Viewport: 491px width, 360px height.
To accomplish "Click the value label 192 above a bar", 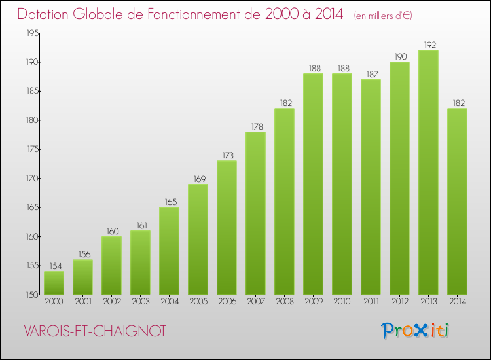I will [428, 45].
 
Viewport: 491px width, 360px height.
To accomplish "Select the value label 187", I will [371, 74].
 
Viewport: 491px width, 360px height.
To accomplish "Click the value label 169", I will [198, 179].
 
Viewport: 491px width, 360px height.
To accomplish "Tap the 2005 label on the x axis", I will [198, 302].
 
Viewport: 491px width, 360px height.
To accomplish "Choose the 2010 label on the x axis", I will [342, 302].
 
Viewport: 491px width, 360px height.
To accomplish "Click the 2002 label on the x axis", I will [111, 302].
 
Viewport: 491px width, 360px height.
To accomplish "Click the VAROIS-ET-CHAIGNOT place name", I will [95, 331].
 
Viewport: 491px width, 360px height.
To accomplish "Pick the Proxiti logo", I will [416, 331].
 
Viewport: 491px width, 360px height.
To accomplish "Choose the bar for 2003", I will [140, 262].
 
